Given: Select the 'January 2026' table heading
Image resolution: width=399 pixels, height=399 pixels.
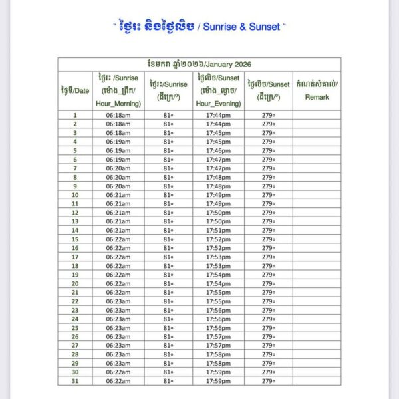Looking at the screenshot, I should point(199,64).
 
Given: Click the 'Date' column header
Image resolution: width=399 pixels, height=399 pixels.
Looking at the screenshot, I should point(74,90).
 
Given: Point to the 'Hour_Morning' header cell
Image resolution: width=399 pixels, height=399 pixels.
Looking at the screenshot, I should point(118,104).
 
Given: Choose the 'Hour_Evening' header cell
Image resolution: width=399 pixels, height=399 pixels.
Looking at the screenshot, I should point(218,104).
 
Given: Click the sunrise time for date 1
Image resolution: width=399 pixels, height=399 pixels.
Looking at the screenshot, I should point(118,115).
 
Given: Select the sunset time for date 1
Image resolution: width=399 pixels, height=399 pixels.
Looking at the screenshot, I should point(218,115).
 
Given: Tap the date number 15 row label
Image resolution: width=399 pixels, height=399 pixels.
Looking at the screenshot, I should point(75,239).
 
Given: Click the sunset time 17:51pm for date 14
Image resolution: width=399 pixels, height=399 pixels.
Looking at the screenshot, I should point(218,230).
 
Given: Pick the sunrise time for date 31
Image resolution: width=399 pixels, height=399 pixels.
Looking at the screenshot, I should point(118,381).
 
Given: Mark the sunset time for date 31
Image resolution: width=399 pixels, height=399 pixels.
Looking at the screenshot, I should point(218,381).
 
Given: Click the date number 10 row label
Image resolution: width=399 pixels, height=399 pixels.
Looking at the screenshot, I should point(75,195).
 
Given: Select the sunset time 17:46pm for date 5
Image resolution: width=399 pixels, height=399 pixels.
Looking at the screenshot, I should point(218,150).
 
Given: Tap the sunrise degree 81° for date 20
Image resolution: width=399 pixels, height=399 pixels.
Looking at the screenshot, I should point(168,283).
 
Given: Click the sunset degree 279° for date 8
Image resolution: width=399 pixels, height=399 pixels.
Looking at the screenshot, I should point(268,177).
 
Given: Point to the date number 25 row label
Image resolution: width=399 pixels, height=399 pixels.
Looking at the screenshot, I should point(75,328).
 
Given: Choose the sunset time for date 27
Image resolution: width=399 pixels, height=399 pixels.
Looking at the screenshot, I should point(218,346).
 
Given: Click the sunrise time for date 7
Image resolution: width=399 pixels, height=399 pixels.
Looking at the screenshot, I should point(118,168).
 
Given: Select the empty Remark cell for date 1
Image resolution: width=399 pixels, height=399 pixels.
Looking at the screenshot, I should point(317,115).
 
